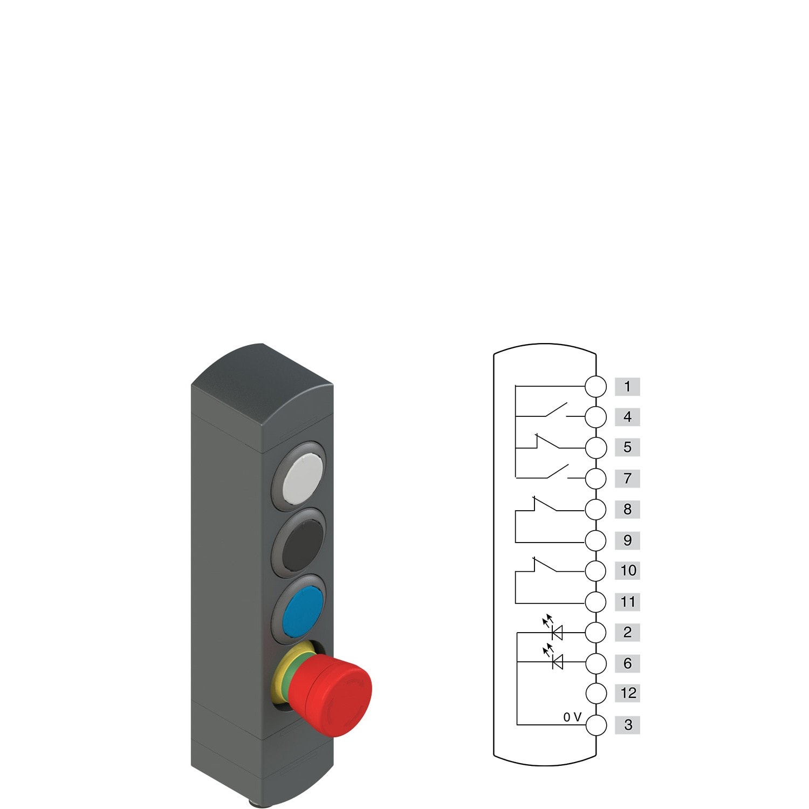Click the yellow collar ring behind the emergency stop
(x=284, y=674)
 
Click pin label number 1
(x=627, y=386)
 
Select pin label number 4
(x=627, y=417)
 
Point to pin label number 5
(x=627, y=447)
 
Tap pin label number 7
(x=627, y=478)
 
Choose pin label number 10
(x=628, y=571)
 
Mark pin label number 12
(x=628, y=693)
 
